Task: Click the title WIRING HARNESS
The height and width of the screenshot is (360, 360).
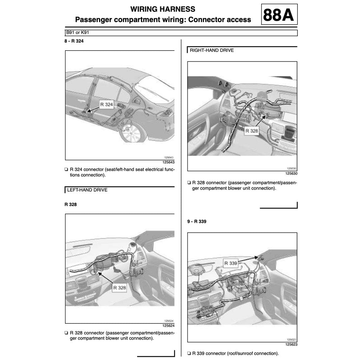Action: (x=163, y=9)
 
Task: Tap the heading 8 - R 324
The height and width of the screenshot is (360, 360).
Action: (x=74, y=41)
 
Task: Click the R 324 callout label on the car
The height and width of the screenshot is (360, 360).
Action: (x=106, y=104)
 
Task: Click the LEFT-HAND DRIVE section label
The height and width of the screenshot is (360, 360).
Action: (x=87, y=190)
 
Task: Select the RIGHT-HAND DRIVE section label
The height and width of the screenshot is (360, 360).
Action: (x=212, y=50)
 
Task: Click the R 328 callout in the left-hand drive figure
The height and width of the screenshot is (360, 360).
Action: (x=120, y=288)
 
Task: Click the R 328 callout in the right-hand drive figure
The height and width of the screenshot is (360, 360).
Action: (x=252, y=131)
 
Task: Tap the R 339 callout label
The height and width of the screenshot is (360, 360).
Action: (x=231, y=263)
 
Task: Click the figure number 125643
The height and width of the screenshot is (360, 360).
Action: (x=168, y=162)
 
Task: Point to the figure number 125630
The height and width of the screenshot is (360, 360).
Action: (x=291, y=173)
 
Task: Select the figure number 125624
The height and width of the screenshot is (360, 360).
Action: (x=168, y=326)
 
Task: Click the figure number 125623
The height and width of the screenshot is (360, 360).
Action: (x=291, y=345)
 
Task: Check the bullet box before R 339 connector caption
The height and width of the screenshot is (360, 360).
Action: (x=189, y=353)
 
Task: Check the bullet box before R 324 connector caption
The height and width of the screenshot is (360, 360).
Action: (x=66, y=169)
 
